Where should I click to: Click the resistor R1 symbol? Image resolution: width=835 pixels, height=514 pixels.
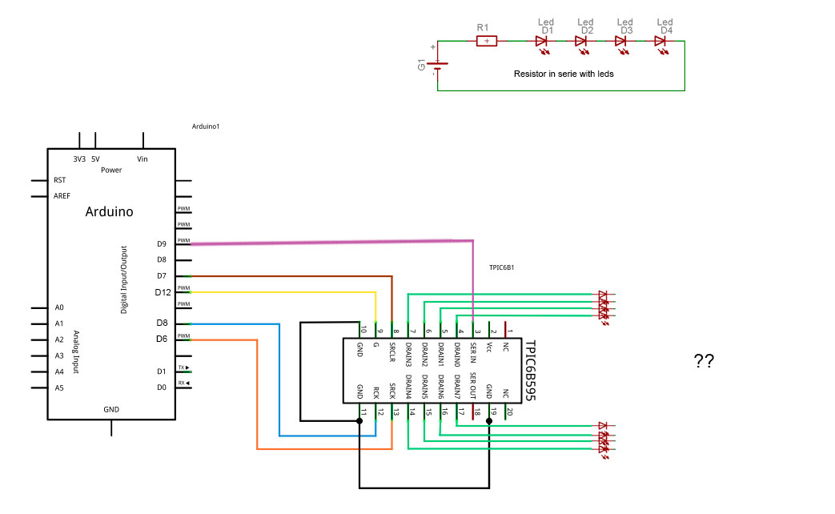tap(487, 41)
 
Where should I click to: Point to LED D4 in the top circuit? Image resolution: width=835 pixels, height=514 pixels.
tap(662, 41)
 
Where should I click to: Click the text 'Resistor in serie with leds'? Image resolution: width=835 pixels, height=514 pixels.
tap(563, 73)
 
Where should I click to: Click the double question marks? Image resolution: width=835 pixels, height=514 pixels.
tap(704, 361)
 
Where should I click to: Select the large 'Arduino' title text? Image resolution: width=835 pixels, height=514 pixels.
tap(109, 212)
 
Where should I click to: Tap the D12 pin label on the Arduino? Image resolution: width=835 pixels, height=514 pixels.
tap(163, 292)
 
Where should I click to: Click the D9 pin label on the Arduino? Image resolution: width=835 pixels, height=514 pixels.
tap(162, 243)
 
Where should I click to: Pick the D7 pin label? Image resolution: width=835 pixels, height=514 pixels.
tap(162, 275)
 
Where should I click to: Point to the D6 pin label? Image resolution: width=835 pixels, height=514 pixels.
tap(162, 339)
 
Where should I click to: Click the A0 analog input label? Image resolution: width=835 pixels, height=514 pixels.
tap(59, 307)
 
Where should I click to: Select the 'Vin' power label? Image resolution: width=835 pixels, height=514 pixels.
tap(143, 159)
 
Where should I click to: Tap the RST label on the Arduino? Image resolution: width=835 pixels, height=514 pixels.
tap(59, 180)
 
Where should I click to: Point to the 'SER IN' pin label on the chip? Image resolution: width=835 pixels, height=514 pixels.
tap(473, 355)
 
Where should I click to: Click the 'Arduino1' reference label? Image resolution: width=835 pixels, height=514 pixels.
tap(206, 126)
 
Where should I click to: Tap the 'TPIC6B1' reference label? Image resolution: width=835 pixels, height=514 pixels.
tap(500, 267)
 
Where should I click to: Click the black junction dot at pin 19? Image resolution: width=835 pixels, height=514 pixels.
tap(489, 419)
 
